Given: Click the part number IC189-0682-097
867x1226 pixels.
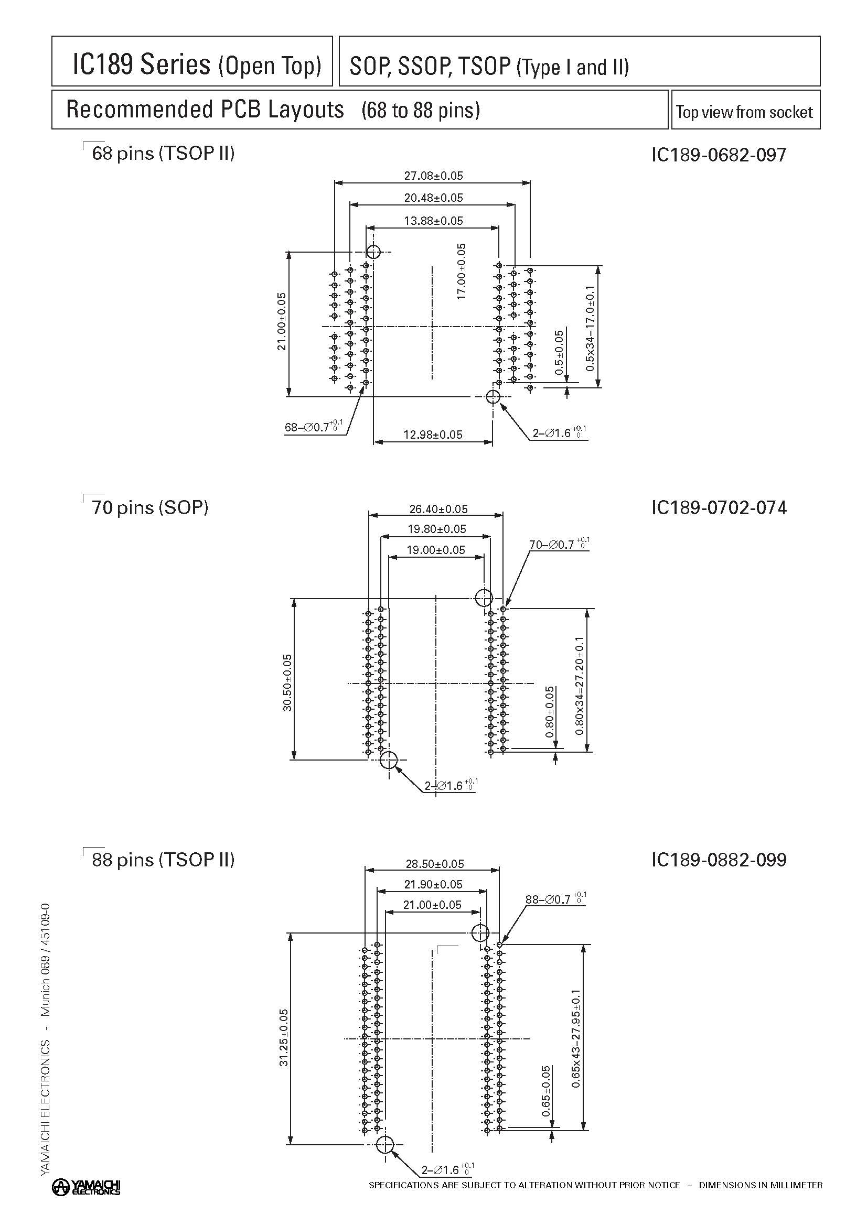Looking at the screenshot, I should (x=719, y=155).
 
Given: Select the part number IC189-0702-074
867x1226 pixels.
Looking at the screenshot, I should (x=719, y=507).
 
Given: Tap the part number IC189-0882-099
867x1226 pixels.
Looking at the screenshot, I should (x=719, y=860).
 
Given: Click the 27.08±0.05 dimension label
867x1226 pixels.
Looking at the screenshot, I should (x=433, y=176).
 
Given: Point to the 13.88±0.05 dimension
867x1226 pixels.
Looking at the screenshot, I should (x=433, y=221).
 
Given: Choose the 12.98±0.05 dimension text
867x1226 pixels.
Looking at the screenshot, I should (x=433, y=435).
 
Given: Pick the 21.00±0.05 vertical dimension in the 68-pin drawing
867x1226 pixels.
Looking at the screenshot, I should (x=282, y=321).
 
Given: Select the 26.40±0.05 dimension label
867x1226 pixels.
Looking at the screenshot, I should (x=438, y=509).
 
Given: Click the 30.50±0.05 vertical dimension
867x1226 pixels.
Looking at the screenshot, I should (x=287, y=682).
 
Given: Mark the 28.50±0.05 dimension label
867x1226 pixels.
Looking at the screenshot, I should (x=435, y=864).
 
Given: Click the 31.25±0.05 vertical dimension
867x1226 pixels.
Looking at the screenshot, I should (x=284, y=1037).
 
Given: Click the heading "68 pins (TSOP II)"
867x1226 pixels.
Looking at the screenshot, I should (x=163, y=154).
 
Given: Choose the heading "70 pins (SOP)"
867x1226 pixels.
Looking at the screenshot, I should (x=149, y=507).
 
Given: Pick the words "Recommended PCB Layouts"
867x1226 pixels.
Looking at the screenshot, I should (x=205, y=110).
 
